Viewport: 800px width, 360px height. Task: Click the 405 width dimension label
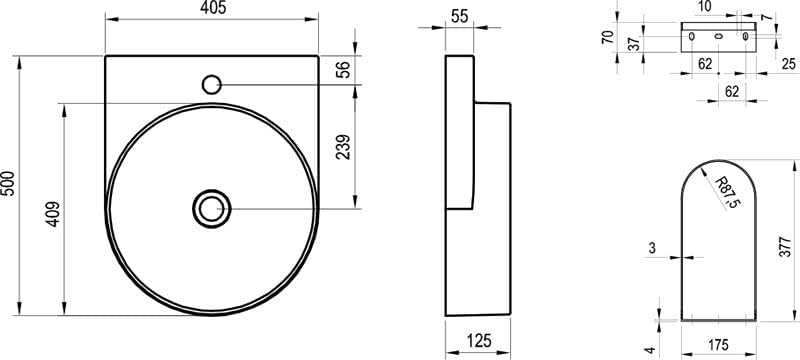tap(212, 8)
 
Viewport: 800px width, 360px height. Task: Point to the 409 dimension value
tap(54, 214)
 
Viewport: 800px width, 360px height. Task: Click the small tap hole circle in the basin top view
tap(211, 84)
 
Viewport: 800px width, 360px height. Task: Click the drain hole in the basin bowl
tap(212, 209)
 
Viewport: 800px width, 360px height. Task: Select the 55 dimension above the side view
tap(460, 16)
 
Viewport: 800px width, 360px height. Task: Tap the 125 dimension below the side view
tap(479, 341)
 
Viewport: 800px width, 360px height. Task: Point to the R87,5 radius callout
tap(728, 192)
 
